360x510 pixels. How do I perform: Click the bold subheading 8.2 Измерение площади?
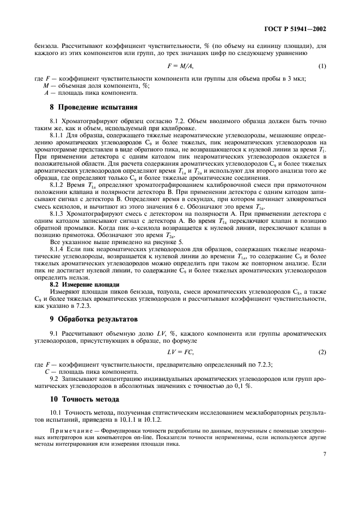coord(84,284)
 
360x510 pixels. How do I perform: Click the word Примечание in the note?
coord(70,430)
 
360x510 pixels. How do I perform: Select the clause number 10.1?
coord(56,413)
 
